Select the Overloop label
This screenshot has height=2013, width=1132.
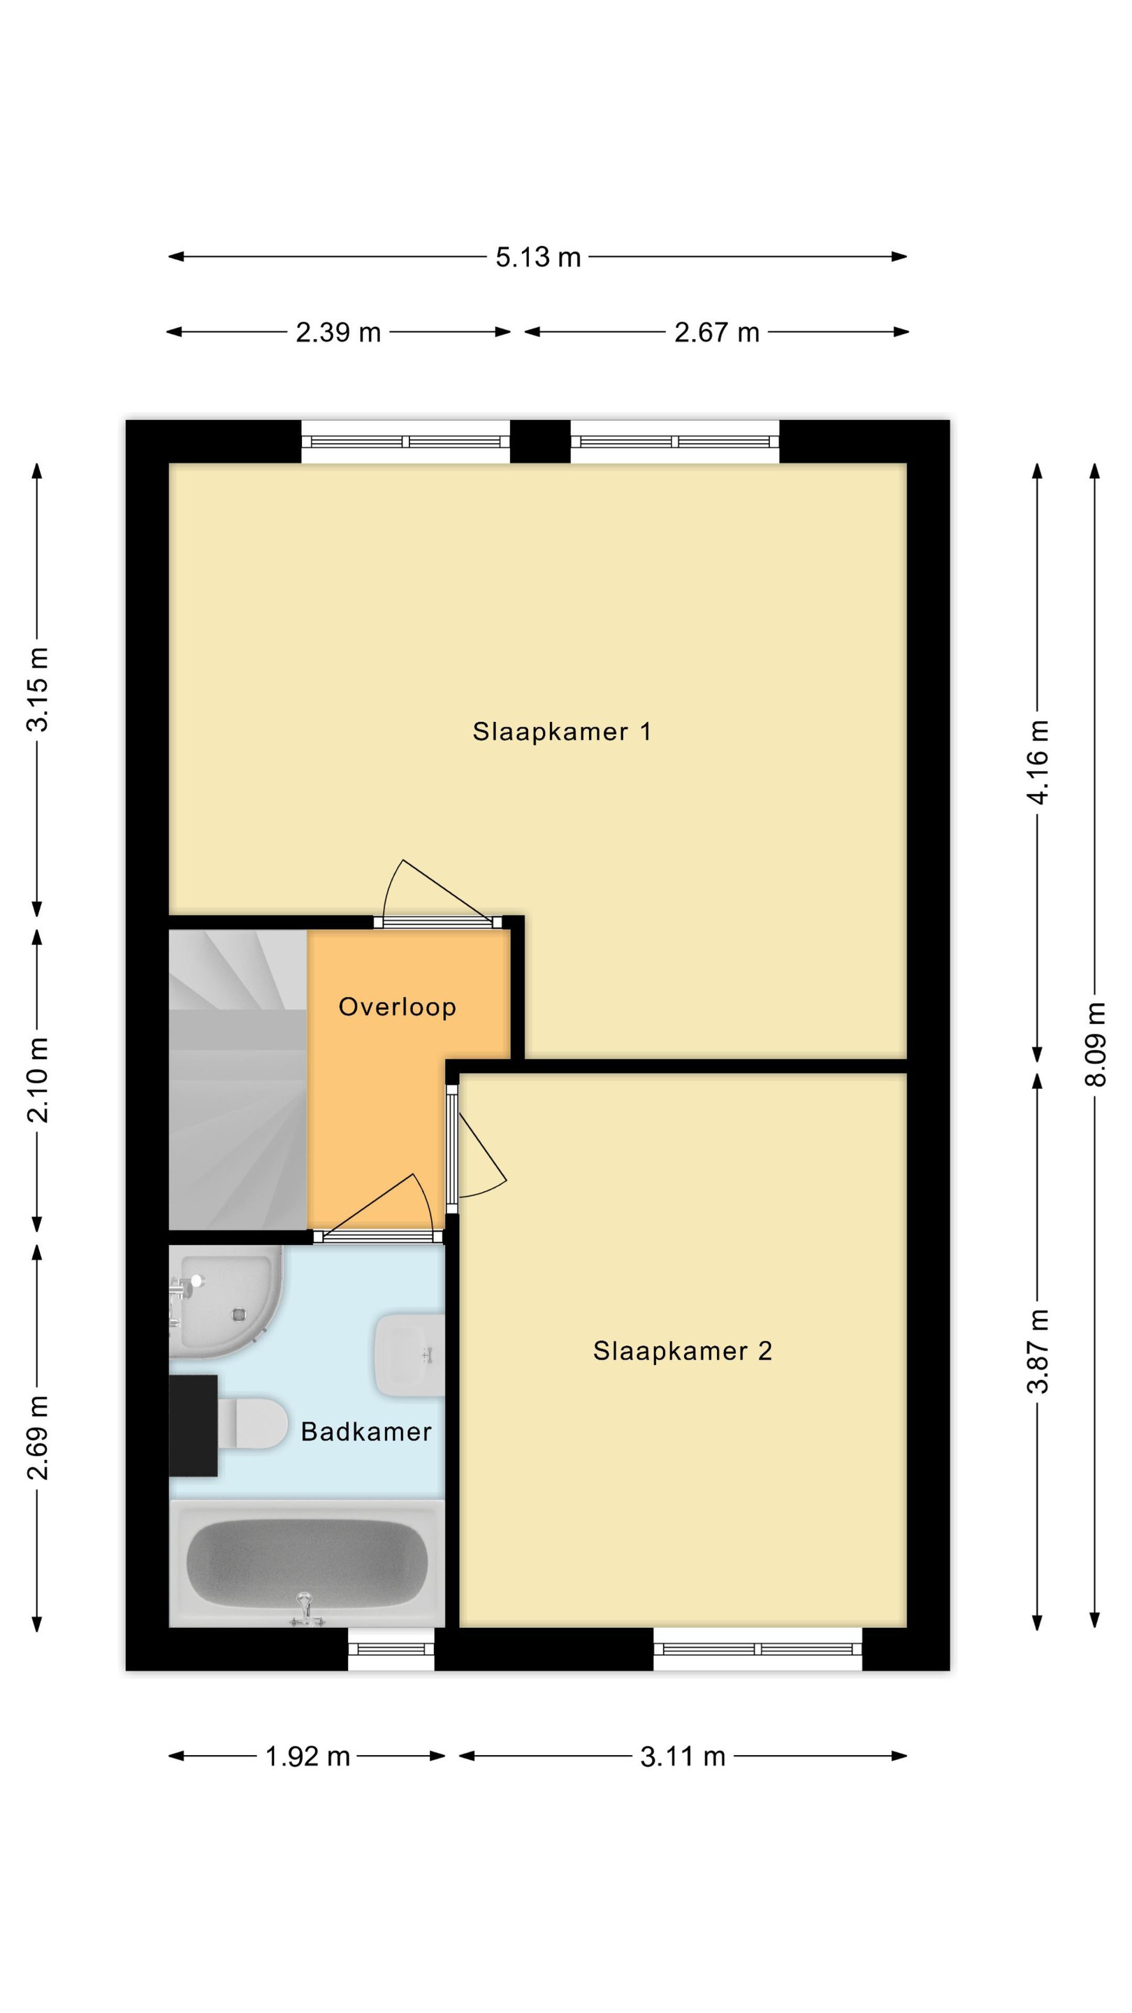[397, 1007]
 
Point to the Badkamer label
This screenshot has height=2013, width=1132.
[365, 1431]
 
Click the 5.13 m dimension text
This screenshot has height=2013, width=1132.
[537, 257]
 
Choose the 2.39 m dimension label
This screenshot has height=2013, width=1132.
[338, 332]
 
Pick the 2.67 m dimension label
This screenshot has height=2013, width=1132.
[716, 332]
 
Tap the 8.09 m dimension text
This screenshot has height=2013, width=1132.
[1095, 1044]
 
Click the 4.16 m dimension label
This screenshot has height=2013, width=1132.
[1038, 762]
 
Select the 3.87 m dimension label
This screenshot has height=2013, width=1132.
[1038, 1351]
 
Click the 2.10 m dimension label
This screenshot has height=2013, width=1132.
[38, 1081]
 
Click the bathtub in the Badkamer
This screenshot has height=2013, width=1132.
[307, 1562]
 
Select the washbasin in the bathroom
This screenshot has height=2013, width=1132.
[409, 1355]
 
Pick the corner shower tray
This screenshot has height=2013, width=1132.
[225, 1303]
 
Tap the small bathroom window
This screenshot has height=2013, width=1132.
[391, 1649]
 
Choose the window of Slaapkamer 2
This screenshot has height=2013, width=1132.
[757, 1649]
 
